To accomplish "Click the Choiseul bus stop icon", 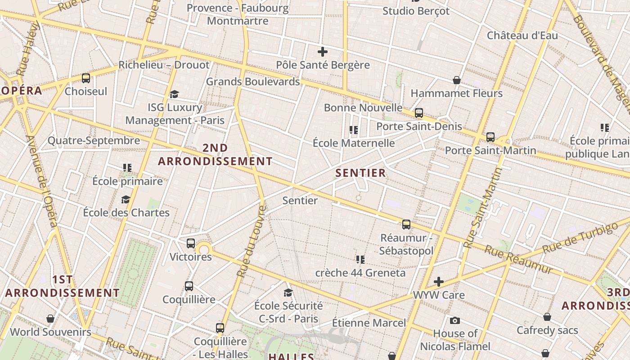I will coord(86,78).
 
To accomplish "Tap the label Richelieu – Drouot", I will coord(164,65).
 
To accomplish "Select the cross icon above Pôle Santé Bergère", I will coord(323,52).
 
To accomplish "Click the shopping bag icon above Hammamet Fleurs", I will coord(457,80).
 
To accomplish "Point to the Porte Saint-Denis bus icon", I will coord(419,113).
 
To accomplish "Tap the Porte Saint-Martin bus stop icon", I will coord(490,137).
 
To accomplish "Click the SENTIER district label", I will coord(361,173).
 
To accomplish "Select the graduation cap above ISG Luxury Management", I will coord(174,94).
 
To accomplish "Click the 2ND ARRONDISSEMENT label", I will coord(215,154).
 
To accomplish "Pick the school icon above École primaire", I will coord(127,168).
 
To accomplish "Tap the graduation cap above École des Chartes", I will coord(126,199).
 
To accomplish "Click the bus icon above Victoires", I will coord(191,243).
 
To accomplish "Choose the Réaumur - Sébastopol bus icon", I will coord(406,224).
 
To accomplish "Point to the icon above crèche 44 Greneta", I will coord(360,259).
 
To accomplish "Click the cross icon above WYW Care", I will coord(439,282).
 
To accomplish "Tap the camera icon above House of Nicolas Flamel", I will coord(455,320).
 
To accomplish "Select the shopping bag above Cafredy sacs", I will coord(547,317).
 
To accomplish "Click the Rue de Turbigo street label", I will coord(580,238).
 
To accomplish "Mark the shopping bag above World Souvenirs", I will coord(50,319).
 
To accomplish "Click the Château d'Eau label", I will coord(522,36).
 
